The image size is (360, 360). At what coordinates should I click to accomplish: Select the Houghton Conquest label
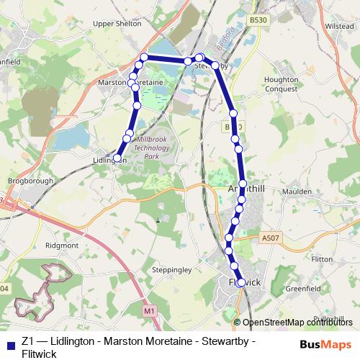click(x=282, y=84)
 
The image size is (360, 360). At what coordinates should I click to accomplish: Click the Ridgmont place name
click(x=63, y=246)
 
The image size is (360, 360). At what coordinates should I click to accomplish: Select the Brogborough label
click(x=25, y=180)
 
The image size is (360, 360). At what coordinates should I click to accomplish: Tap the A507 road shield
click(x=271, y=237)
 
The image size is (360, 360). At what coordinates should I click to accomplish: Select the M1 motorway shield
click(x=149, y=310)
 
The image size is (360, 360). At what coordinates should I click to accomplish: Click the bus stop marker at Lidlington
click(x=117, y=157)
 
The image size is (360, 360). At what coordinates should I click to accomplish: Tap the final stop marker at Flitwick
click(x=241, y=283)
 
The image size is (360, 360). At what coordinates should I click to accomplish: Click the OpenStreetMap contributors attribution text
click(x=297, y=323)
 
